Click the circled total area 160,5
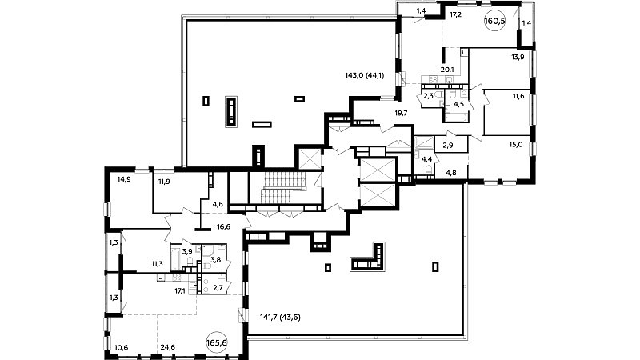point(494,22)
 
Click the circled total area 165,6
point(217,342)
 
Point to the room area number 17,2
point(455,14)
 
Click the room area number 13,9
point(518,57)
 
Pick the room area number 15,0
point(516,144)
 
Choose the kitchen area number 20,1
point(447,70)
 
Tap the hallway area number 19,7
point(402,113)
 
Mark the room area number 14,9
point(124,178)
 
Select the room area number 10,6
point(122,347)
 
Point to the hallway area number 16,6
point(224,226)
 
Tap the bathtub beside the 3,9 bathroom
point(175,258)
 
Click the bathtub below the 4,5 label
point(457,118)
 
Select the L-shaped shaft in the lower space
point(367,257)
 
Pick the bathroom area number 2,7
point(218,288)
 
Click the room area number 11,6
point(518,96)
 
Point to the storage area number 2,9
point(448,145)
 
